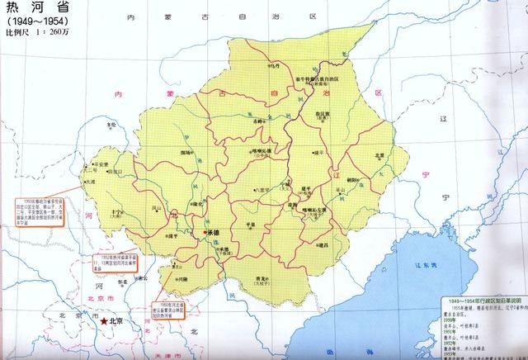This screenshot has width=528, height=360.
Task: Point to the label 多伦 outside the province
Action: click(x=111, y=126)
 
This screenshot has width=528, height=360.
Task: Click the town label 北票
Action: click(x=379, y=155)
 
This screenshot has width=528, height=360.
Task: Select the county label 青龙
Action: click(x=262, y=280)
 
